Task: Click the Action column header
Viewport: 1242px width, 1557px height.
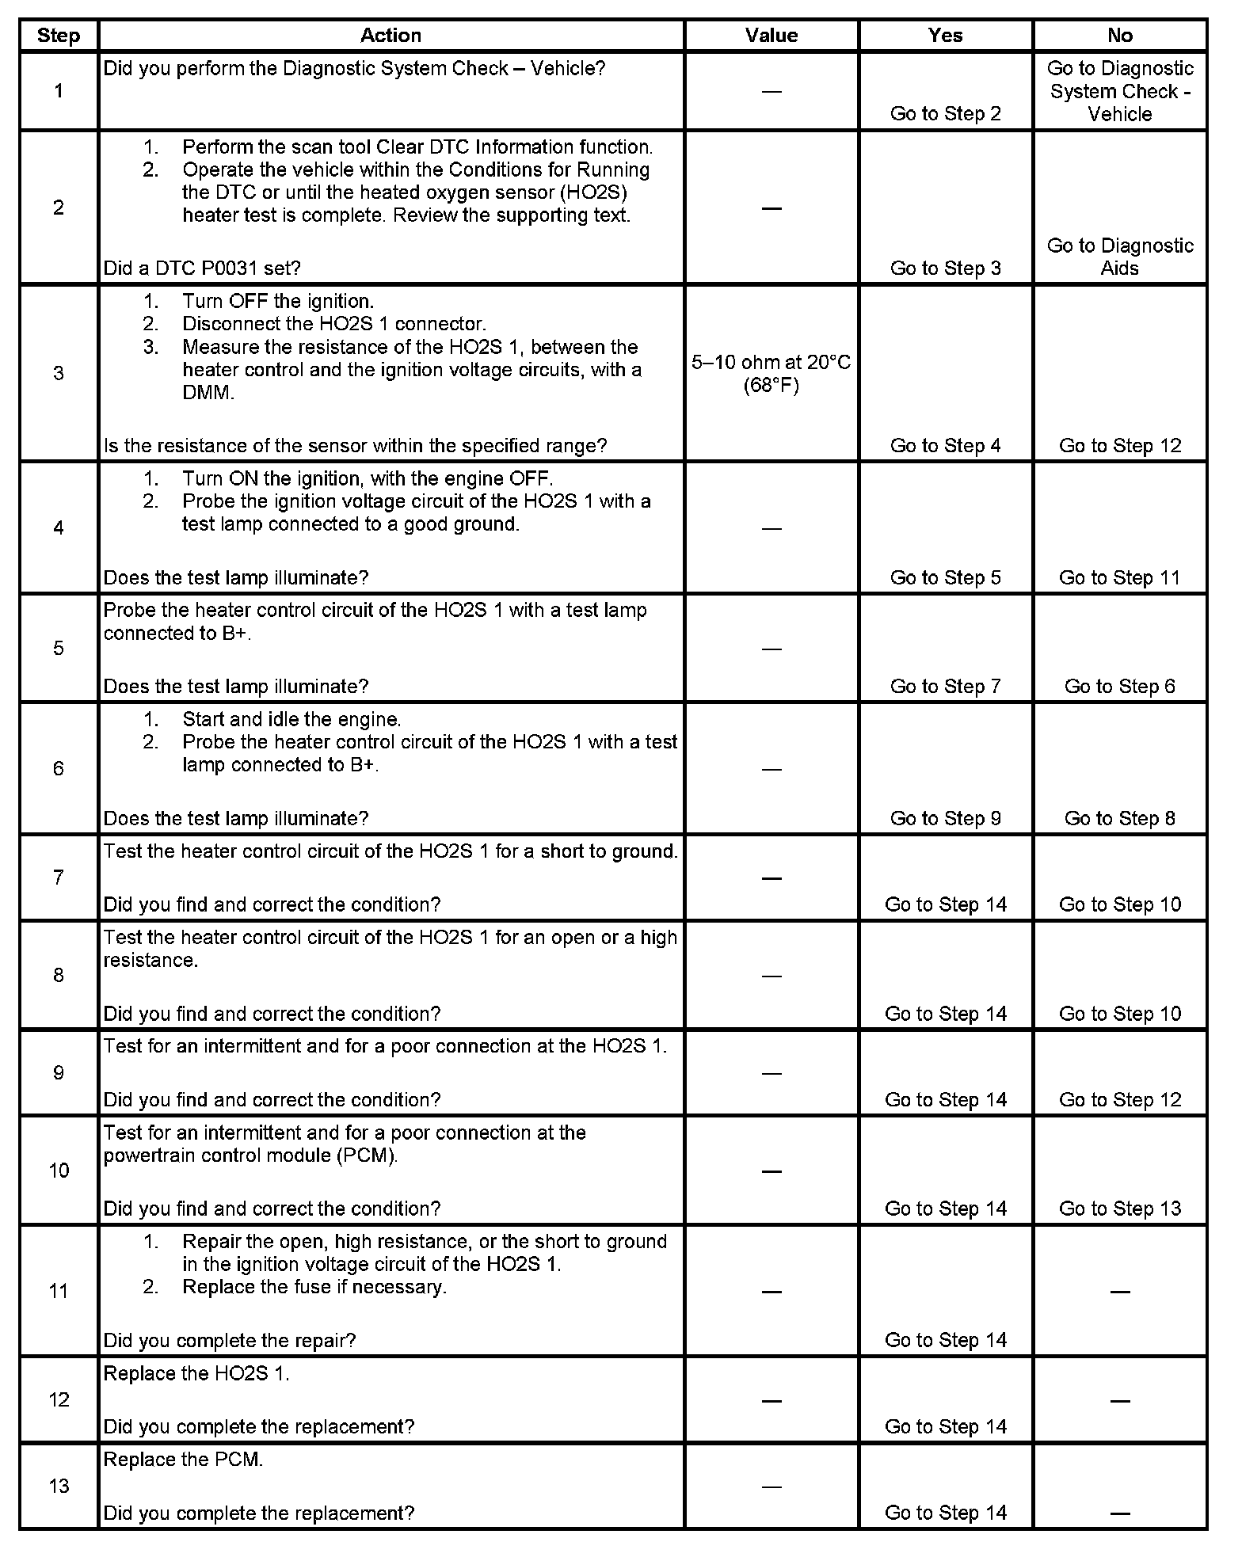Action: [391, 36]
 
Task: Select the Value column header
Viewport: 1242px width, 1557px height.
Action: [771, 36]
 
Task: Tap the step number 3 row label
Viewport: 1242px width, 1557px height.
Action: [59, 373]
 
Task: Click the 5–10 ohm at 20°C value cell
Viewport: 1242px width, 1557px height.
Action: [771, 374]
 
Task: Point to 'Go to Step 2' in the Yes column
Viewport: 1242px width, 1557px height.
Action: [945, 113]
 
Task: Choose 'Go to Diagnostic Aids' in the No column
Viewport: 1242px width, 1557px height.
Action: [1119, 257]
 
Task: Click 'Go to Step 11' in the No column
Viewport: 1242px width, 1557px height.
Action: [1119, 577]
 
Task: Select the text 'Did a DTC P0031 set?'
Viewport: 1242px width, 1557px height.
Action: [202, 268]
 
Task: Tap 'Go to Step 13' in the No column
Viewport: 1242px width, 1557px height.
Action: [1119, 1208]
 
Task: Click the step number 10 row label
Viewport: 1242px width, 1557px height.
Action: [59, 1170]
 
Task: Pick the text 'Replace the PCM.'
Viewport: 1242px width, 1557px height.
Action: [183, 1459]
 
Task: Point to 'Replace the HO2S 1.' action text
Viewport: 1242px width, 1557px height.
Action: [196, 1373]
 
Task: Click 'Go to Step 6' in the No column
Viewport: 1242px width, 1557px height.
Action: [1119, 686]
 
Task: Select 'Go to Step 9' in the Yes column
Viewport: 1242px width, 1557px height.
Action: [945, 818]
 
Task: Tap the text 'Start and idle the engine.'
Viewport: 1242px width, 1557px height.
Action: [291, 719]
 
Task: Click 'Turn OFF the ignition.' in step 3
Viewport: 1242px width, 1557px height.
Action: [278, 301]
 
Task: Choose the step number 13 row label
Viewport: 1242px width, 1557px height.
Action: [59, 1486]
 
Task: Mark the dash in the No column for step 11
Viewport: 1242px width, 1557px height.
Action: [1119, 1292]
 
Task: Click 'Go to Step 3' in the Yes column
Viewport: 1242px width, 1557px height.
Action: [945, 268]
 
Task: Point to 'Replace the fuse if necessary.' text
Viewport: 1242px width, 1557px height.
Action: [314, 1287]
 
